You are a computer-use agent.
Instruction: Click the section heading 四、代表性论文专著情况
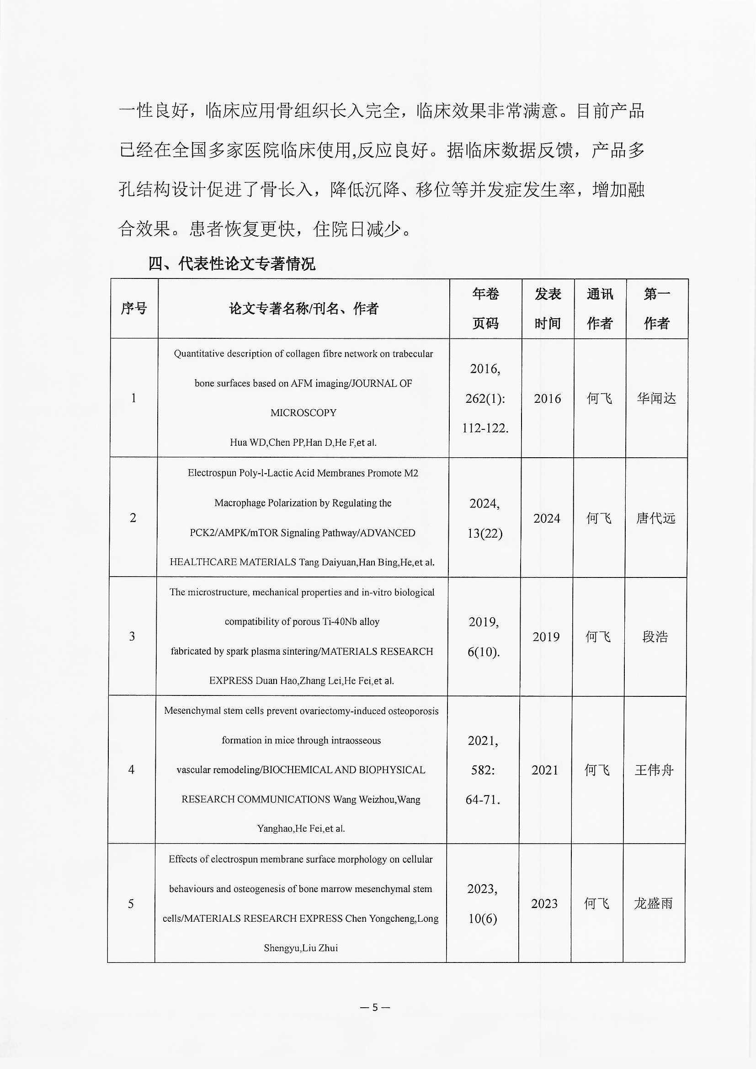pos(231,264)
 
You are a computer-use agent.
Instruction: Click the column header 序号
pos(133,308)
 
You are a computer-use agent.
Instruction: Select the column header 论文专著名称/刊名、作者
pos(303,308)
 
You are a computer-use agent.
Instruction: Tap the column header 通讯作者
pos(600,308)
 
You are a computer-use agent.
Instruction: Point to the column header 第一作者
pos(656,308)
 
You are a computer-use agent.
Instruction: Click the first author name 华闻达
pos(656,399)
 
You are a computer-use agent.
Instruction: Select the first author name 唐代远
pos(655,518)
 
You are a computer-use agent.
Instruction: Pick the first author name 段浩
pos(655,636)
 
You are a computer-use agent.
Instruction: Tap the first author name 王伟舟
pos(654,770)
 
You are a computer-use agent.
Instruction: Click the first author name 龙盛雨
pos(653,904)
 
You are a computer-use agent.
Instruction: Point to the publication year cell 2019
pos(546,636)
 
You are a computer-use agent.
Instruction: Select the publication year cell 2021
pos(545,770)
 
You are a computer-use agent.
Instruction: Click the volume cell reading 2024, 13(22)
pos(484,518)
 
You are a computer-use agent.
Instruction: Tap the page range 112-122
pos(485,428)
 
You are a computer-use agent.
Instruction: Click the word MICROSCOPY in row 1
pos(303,413)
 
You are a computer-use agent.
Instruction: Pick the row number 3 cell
pos(132,636)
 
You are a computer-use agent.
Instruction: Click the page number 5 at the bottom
pos(375,1007)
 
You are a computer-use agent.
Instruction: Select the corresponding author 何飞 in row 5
pos(596,904)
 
